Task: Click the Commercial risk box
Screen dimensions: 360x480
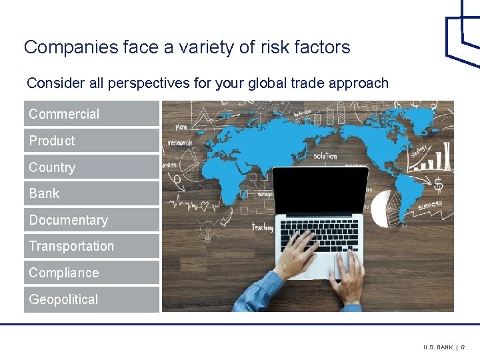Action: tap(92, 114)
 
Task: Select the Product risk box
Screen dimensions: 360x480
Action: tap(92, 141)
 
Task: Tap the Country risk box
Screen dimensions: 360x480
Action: tap(92, 167)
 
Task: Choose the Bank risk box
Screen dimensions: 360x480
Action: tap(92, 193)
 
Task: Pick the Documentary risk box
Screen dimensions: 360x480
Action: tap(92, 220)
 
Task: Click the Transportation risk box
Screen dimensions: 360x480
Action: tap(92, 246)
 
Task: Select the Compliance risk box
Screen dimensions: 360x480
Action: tap(92, 273)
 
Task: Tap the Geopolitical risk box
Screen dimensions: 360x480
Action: tap(92, 299)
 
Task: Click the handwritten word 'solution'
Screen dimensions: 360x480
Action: tap(325, 155)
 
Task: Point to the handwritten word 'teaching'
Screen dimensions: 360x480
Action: tap(262, 227)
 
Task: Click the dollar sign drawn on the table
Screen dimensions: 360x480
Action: tap(438, 184)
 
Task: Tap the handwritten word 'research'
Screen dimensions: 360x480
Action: tap(180, 142)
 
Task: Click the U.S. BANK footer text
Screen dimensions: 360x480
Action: tap(437, 347)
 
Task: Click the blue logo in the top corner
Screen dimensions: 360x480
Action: tap(463, 33)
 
